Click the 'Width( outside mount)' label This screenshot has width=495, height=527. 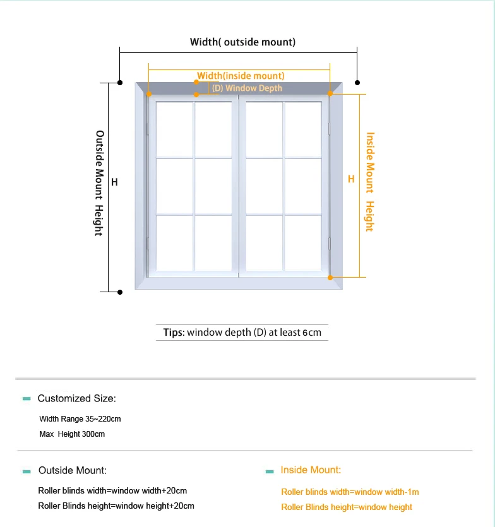[x=242, y=42]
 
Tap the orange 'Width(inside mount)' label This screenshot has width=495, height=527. [x=241, y=76]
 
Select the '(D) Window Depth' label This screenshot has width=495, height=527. [x=247, y=88]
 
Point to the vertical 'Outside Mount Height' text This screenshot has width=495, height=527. [x=99, y=183]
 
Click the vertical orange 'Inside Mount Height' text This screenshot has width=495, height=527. [x=370, y=182]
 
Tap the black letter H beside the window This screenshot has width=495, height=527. [x=114, y=182]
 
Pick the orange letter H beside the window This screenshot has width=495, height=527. [x=351, y=179]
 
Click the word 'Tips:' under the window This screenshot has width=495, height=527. [x=174, y=333]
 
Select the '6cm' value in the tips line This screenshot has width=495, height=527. [x=312, y=333]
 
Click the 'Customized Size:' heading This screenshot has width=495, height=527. [x=76, y=398]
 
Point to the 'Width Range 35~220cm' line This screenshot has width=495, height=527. [x=80, y=419]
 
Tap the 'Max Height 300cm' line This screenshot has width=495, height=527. [x=72, y=434]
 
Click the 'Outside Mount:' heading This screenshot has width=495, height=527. [x=73, y=470]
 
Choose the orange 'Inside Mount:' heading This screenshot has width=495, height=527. [x=311, y=470]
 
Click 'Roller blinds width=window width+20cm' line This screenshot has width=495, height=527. [x=112, y=490]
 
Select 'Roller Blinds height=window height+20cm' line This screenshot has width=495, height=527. [x=116, y=506]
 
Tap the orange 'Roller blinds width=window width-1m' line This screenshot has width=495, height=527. [x=350, y=492]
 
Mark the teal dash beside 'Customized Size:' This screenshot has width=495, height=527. [x=27, y=399]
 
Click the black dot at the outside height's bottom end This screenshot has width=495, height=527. [x=120, y=292]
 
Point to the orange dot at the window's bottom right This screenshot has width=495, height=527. [x=330, y=278]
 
